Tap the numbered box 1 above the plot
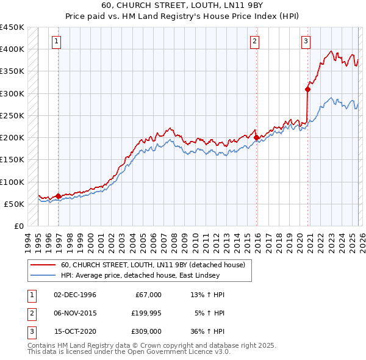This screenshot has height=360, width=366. (x=56, y=41)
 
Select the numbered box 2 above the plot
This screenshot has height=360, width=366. (x=254, y=41)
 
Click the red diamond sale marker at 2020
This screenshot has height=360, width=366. (x=307, y=89)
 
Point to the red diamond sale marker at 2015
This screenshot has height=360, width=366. (x=256, y=137)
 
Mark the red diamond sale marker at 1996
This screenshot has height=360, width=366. (x=58, y=196)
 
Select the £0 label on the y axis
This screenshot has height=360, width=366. (x=18, y=226)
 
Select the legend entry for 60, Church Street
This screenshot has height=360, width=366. (x=152, y=265)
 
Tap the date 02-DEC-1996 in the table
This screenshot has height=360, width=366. (x=75, y=295)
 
